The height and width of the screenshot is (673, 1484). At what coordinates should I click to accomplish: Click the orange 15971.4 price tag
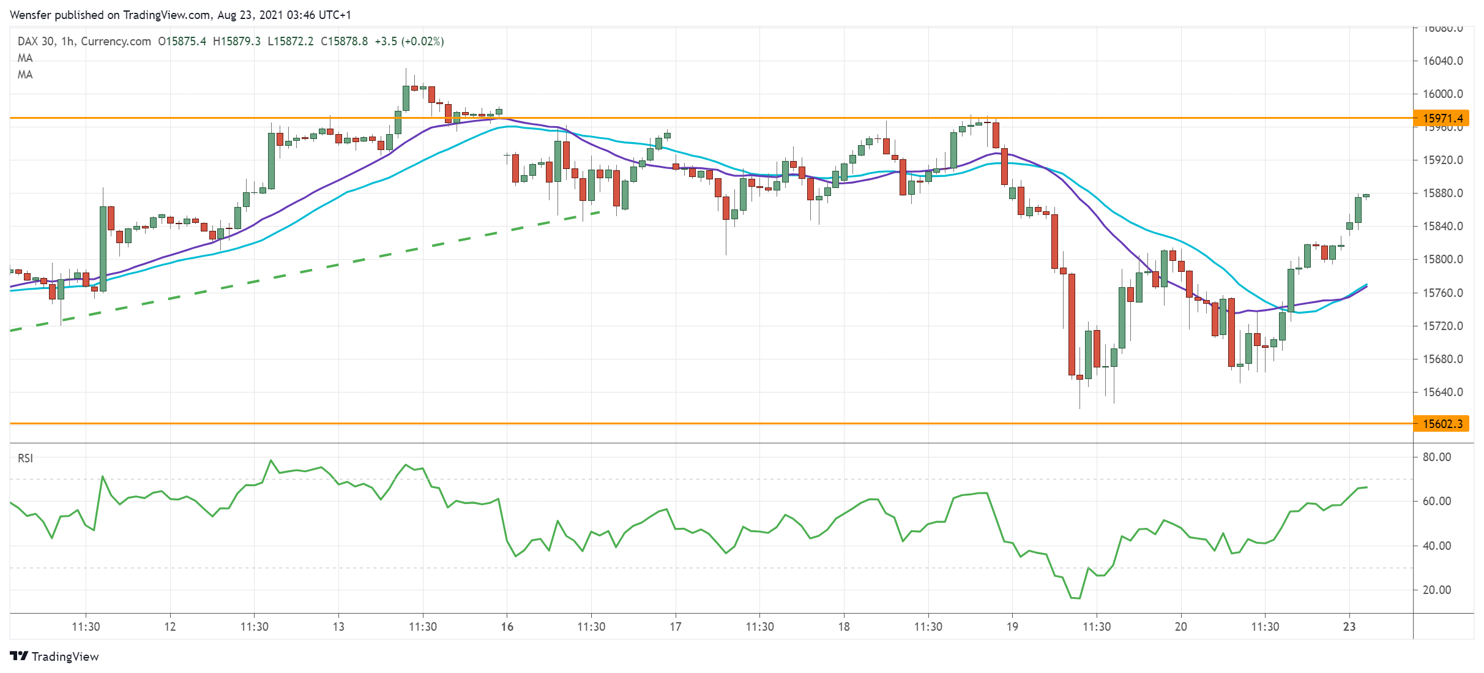click(1441, 118)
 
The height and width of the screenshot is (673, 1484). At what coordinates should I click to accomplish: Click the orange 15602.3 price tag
click(1441, 424)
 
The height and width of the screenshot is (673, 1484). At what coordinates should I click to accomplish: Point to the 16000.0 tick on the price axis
click(1442, 94)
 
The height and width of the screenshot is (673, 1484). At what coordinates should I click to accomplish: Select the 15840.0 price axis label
click(1442, 227)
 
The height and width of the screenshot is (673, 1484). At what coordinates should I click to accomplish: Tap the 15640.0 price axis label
click(1442, 393)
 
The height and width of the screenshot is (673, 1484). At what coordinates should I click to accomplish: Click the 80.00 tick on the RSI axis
click(1436, 457)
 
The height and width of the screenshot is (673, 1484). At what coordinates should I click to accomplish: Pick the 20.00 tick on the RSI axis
click(1436, 590)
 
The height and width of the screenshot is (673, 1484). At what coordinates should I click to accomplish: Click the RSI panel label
click(25, 459)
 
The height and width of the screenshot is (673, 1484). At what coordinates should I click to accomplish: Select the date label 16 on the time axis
click(507, 627)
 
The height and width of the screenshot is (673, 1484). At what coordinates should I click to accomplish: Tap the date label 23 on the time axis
click(1349, 627)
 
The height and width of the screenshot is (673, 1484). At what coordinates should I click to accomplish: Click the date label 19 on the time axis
click(1012, 627)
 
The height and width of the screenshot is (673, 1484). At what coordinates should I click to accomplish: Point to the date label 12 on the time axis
click(170, 627)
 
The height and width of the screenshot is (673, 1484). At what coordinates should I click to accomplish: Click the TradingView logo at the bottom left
click(54, 656)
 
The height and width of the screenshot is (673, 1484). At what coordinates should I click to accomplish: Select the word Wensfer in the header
click(31, 15)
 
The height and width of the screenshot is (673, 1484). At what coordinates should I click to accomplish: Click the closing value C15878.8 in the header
click(345, 42)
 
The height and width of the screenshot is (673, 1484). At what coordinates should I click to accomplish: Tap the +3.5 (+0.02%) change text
click(409, 42)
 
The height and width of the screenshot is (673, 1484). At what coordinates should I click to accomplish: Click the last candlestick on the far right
click(1367, 196)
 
